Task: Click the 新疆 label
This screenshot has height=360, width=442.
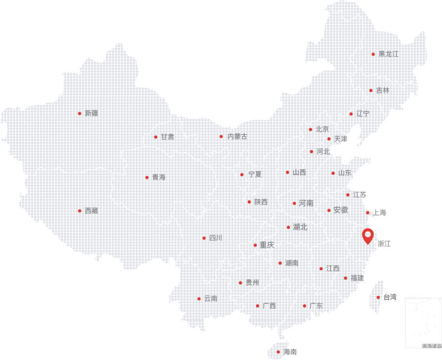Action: pyautogui.click(x=91, y=114)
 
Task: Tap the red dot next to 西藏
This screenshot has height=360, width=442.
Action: pyautogui.click(x=79, y=211)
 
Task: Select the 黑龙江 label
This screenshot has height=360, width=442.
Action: pyautogui.click(x=388, y=54)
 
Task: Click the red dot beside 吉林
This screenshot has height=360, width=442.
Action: pyautogui.click(x=371, y=90)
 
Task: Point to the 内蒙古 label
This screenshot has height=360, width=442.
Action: pyautogui.click(x=237, y=137)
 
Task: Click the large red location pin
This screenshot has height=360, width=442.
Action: pyautogui.click(x=368, y=236)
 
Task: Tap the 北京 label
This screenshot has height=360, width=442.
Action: pyautogui.click(x=322, y=130)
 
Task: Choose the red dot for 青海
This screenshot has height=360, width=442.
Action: pyautogui.click(x=147, y=177)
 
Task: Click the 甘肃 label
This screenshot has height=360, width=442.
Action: pyautogui.click(x=167, y=137)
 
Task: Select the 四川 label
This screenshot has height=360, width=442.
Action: pyautogui.click(x=216, y=238)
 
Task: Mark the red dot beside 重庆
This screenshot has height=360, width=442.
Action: pyautogui.click(x=255, y=245)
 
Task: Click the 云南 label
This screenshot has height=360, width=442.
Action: pyautogui.click(x=210, y=299)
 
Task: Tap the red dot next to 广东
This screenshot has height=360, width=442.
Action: pyautogui.click(x=304, y=306)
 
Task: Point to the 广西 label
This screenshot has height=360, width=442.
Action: pyautogui.click(x=269, y=306)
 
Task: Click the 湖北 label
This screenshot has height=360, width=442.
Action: pyautogui.click(x=300, y=227)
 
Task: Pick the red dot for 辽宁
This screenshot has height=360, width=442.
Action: pyautogui.click(x=351, y=114)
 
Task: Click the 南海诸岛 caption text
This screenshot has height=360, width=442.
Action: pyautogui.click(x=432, y=346)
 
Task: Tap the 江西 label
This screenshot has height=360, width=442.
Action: pyautogui.click(x=332, y=268)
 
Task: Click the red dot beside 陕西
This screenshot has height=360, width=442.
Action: pyautogui.click(x=249, y=202)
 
